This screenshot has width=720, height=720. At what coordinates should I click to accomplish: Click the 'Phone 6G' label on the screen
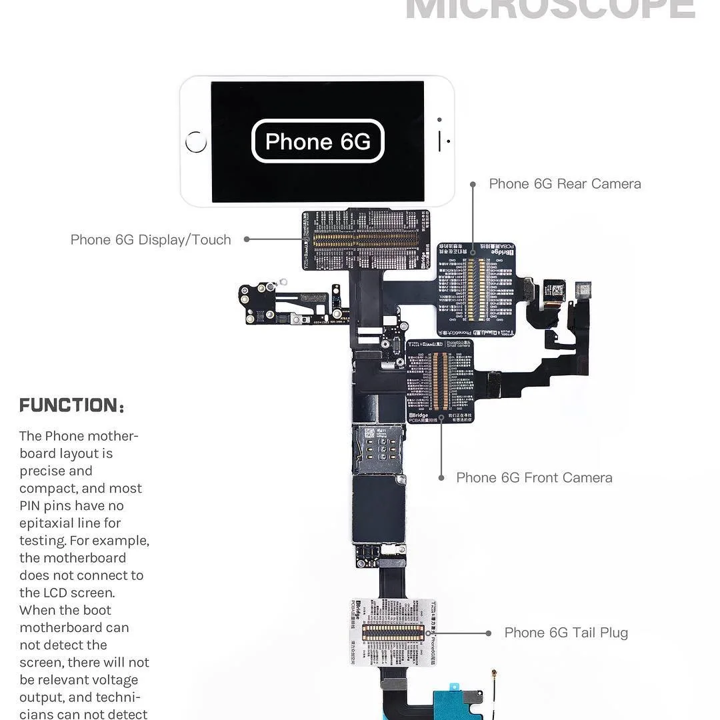pos(317,141)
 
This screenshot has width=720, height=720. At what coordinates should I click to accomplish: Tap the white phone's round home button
pos(196,141)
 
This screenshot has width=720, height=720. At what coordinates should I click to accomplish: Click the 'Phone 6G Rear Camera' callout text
pos(565,184)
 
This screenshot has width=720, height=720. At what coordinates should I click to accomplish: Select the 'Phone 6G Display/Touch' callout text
pos(151,240)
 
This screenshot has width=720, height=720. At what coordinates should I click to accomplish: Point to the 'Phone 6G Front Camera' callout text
pos(534,478)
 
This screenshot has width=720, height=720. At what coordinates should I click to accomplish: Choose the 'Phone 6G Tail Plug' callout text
pos(566,633)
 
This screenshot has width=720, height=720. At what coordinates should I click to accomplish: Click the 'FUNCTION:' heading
pos(71,405)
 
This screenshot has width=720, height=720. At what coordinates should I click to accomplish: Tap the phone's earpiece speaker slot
pos(440,141)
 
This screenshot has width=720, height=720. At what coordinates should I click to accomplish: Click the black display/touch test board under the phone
pos(365,240)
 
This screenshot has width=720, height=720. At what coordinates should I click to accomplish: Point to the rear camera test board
pos(476,289)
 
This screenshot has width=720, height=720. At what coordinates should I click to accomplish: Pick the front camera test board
pos(439,382)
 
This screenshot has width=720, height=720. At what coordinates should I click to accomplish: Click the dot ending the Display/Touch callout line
pos(247,239)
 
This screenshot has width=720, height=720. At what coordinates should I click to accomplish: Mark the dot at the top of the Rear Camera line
pos(473,184)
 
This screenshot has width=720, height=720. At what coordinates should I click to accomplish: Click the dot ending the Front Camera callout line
pos(441,478)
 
